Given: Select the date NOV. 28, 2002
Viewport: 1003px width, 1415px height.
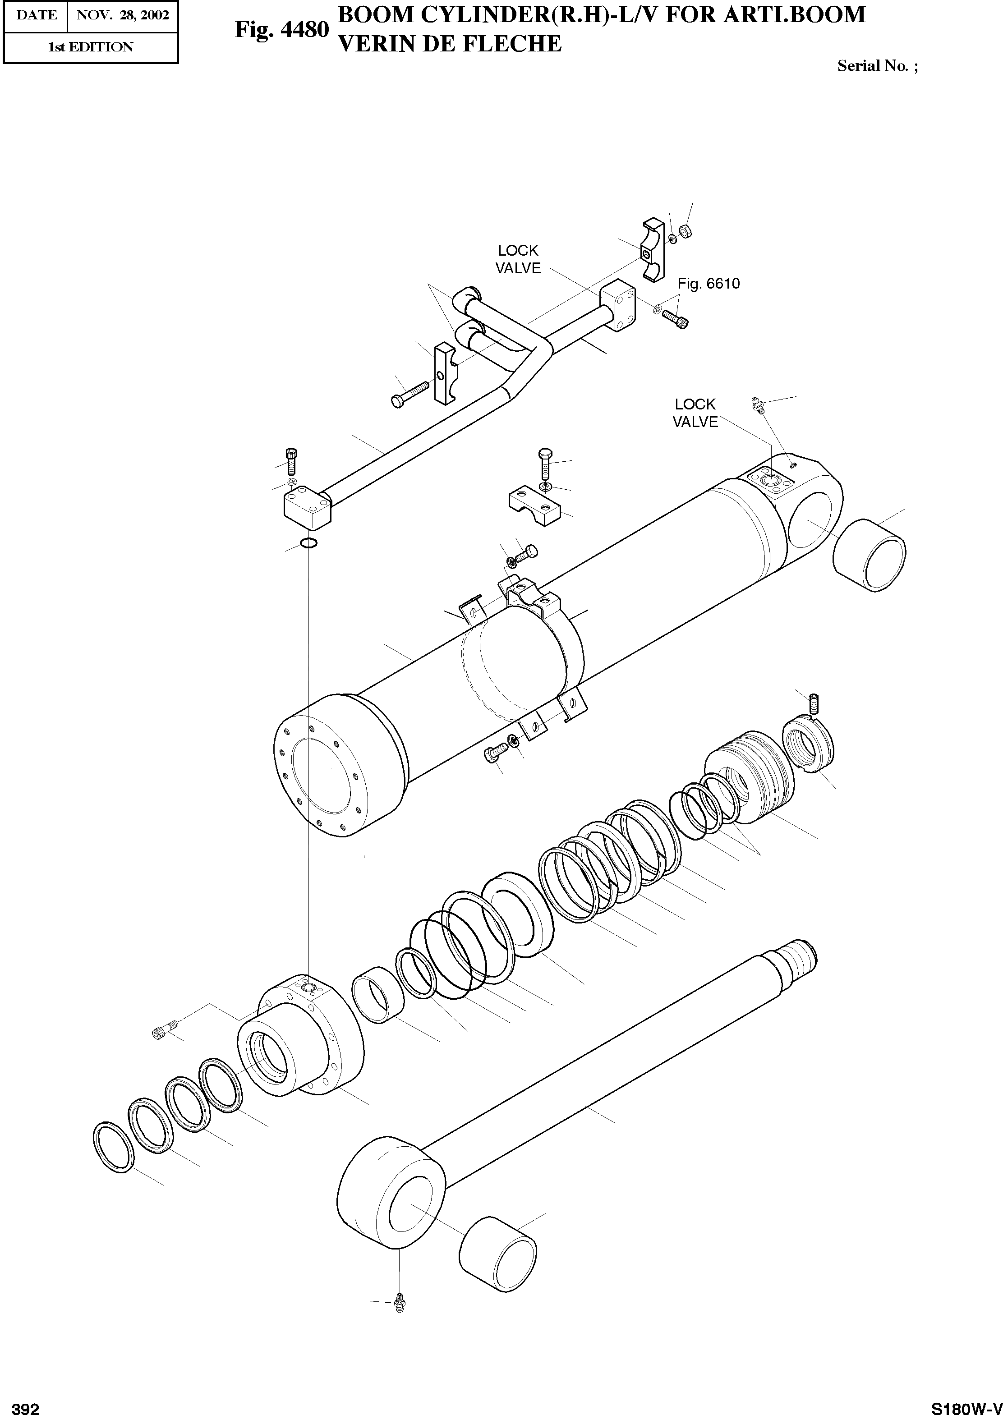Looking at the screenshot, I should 122,15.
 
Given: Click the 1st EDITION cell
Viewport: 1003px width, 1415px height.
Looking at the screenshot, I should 90,47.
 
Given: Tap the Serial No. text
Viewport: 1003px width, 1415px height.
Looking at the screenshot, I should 877,66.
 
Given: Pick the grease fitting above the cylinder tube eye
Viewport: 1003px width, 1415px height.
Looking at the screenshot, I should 757,404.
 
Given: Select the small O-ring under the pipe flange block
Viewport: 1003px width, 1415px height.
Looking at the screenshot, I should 308,543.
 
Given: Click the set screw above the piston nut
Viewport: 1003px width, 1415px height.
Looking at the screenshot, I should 813,702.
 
